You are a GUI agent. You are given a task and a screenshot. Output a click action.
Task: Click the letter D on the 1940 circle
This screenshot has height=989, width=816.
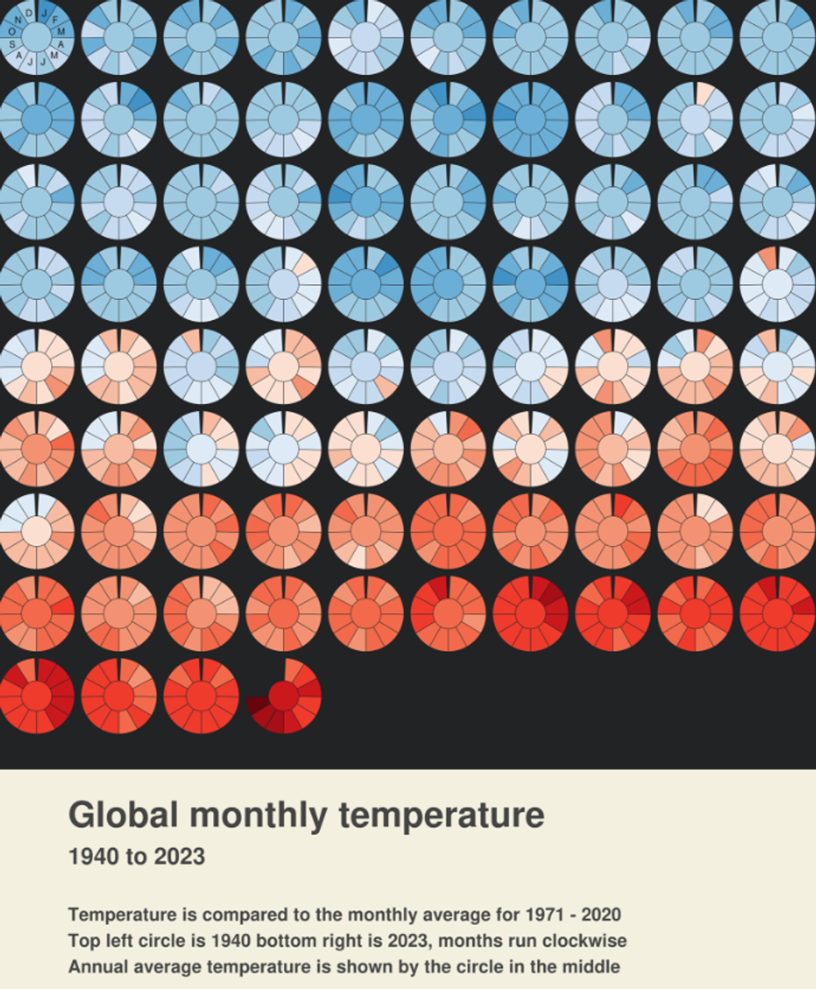click(x=29, y=12)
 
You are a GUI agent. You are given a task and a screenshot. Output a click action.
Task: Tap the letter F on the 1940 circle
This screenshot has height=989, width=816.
click(x=55, y=17)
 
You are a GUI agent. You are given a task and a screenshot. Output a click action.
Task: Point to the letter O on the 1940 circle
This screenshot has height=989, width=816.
click(x=12, y=32)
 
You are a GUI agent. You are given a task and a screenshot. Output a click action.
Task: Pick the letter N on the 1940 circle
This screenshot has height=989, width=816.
click(x=17, y=20)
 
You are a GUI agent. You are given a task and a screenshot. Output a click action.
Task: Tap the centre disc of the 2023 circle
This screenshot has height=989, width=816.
click(x=283, y=697)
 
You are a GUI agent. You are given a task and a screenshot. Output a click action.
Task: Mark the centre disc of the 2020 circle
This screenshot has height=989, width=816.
click(x=37, y=697)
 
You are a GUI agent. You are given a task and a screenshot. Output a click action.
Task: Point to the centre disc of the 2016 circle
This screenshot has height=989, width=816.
click(x=530, y=614)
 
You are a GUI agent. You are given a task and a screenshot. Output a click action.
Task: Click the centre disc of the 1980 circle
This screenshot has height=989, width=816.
click(x=37, y=367)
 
